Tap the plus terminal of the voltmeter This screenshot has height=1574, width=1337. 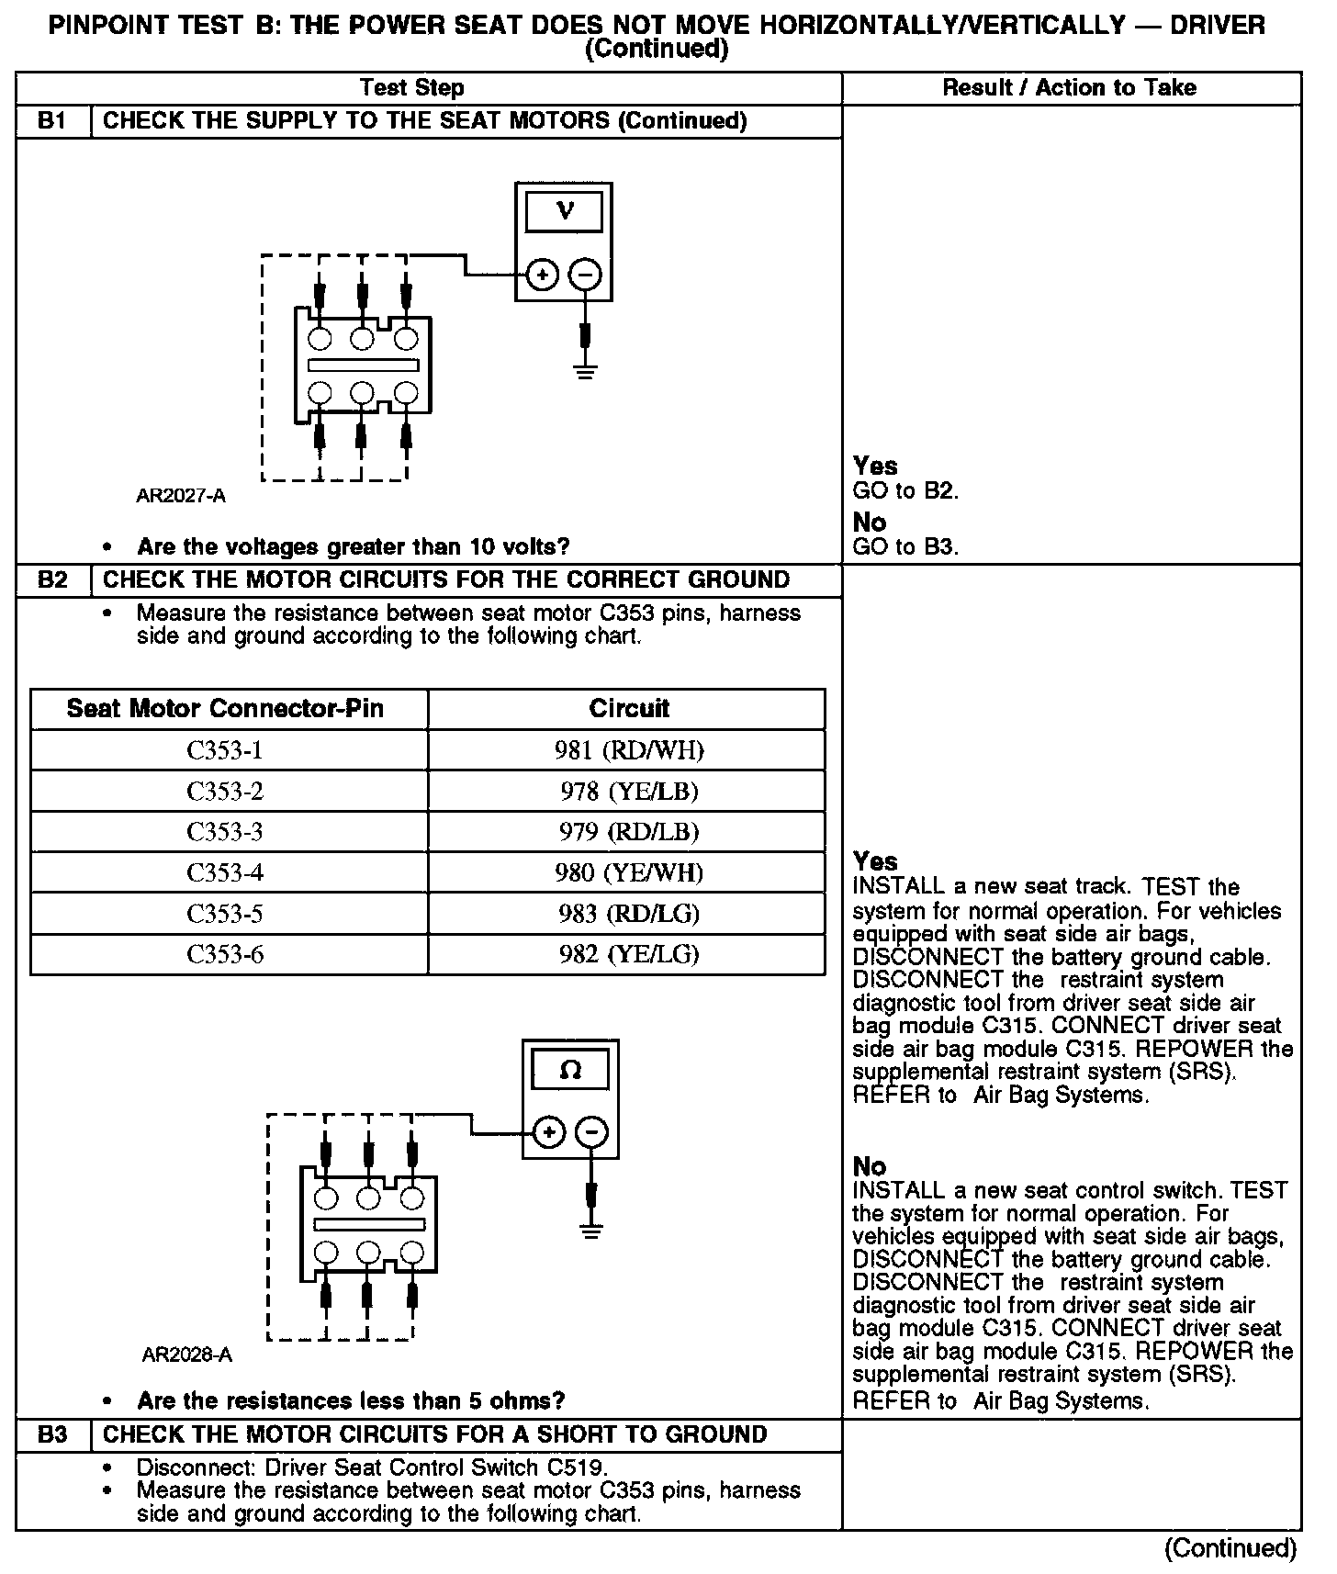543,275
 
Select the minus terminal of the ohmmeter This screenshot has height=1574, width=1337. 591,1132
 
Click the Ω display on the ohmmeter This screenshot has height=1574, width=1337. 570,1071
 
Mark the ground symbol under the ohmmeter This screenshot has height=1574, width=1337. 592,1229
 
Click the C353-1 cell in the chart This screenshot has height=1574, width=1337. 225,751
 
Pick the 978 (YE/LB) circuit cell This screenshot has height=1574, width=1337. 629,792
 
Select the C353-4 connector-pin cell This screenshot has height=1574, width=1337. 225,872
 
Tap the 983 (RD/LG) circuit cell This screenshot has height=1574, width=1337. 629,914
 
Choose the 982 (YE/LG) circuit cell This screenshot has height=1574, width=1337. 629,954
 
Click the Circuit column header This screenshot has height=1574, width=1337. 629,709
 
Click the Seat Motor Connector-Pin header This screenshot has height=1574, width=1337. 225,709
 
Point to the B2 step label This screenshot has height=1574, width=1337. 53,580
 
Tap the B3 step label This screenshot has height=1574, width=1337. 53,1435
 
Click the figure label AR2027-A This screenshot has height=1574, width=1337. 181,497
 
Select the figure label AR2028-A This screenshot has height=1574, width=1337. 187,1355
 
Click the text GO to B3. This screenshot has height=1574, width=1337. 905,548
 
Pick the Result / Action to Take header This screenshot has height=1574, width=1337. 1070,88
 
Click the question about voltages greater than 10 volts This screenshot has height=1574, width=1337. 354,547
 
